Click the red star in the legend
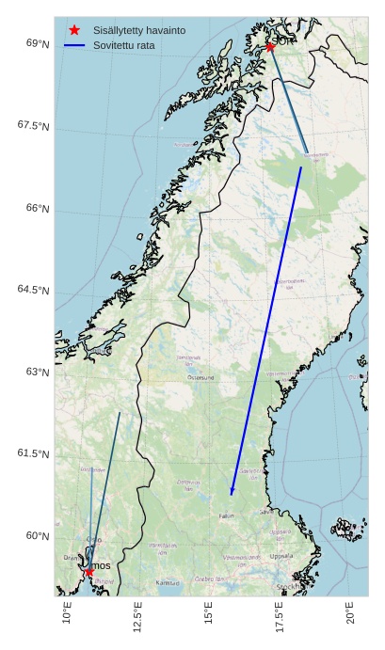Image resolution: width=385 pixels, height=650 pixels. (x=74, y=30)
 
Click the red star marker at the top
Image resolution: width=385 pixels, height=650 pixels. (x=270, y=46)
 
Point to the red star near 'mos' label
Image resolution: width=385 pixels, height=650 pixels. (x=88, y=571)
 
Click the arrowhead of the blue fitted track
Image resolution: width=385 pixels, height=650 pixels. (x=232, y=492)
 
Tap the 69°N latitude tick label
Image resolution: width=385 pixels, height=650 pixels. (x=38, y=43)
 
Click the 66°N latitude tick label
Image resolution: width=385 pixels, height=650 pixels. (x=38, y=208)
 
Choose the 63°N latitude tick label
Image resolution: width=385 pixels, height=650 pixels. (x=38, y=372)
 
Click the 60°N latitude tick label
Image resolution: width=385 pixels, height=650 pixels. (x=38, y=536)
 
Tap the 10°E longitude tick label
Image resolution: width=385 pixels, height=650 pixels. (x=67, y=614)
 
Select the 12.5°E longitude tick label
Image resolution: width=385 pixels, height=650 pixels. (x=137, y=617)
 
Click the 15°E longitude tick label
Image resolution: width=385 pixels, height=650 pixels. (x=208, y=614)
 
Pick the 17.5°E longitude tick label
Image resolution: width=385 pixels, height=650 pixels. (x=279, y=617)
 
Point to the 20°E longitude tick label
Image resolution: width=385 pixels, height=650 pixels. (x=349, y=614)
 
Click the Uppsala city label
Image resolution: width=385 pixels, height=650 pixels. (x=281, y=556)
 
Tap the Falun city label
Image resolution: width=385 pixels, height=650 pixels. (x=227, y=515)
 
